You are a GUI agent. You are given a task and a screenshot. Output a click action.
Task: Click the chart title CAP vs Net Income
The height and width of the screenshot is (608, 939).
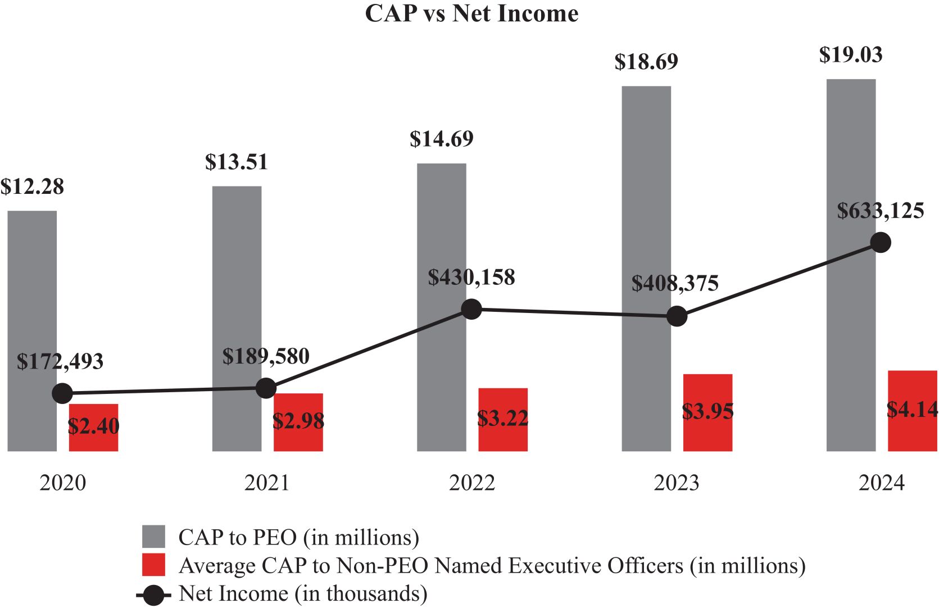[471, 13]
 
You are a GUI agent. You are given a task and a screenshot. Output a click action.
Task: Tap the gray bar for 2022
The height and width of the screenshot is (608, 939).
[441, 236]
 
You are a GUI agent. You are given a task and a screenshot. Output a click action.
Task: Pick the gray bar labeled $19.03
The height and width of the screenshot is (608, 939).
[851, 169]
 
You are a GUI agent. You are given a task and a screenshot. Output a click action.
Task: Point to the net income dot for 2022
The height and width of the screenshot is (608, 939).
[471, 309]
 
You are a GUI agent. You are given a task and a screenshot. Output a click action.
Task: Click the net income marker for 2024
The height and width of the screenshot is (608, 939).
[881, 243]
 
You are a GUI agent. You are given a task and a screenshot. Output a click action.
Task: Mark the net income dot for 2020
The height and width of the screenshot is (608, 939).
[62, 393]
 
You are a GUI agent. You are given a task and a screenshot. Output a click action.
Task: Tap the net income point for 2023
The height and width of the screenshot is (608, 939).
[677, 316]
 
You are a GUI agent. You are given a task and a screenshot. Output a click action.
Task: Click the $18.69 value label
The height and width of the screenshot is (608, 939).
[646, 62]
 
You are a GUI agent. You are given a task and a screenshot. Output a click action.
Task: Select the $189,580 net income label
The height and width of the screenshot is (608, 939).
[266, 356]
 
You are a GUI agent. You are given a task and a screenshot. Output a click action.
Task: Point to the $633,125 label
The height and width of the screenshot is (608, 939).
[881, 211]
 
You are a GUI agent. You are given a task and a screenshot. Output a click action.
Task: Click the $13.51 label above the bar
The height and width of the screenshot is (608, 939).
[237, 162]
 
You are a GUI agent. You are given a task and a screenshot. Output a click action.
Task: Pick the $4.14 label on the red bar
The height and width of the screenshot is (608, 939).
[912, 409]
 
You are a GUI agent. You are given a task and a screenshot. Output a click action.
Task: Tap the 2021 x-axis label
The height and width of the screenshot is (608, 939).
[267, 483]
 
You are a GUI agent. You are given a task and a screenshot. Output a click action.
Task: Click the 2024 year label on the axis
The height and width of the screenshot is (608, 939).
[881, 483]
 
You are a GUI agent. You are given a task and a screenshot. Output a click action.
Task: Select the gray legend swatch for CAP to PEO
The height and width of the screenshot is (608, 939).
[153, 537]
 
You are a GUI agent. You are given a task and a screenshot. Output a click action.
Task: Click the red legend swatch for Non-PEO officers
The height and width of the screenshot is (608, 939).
[153, 565]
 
